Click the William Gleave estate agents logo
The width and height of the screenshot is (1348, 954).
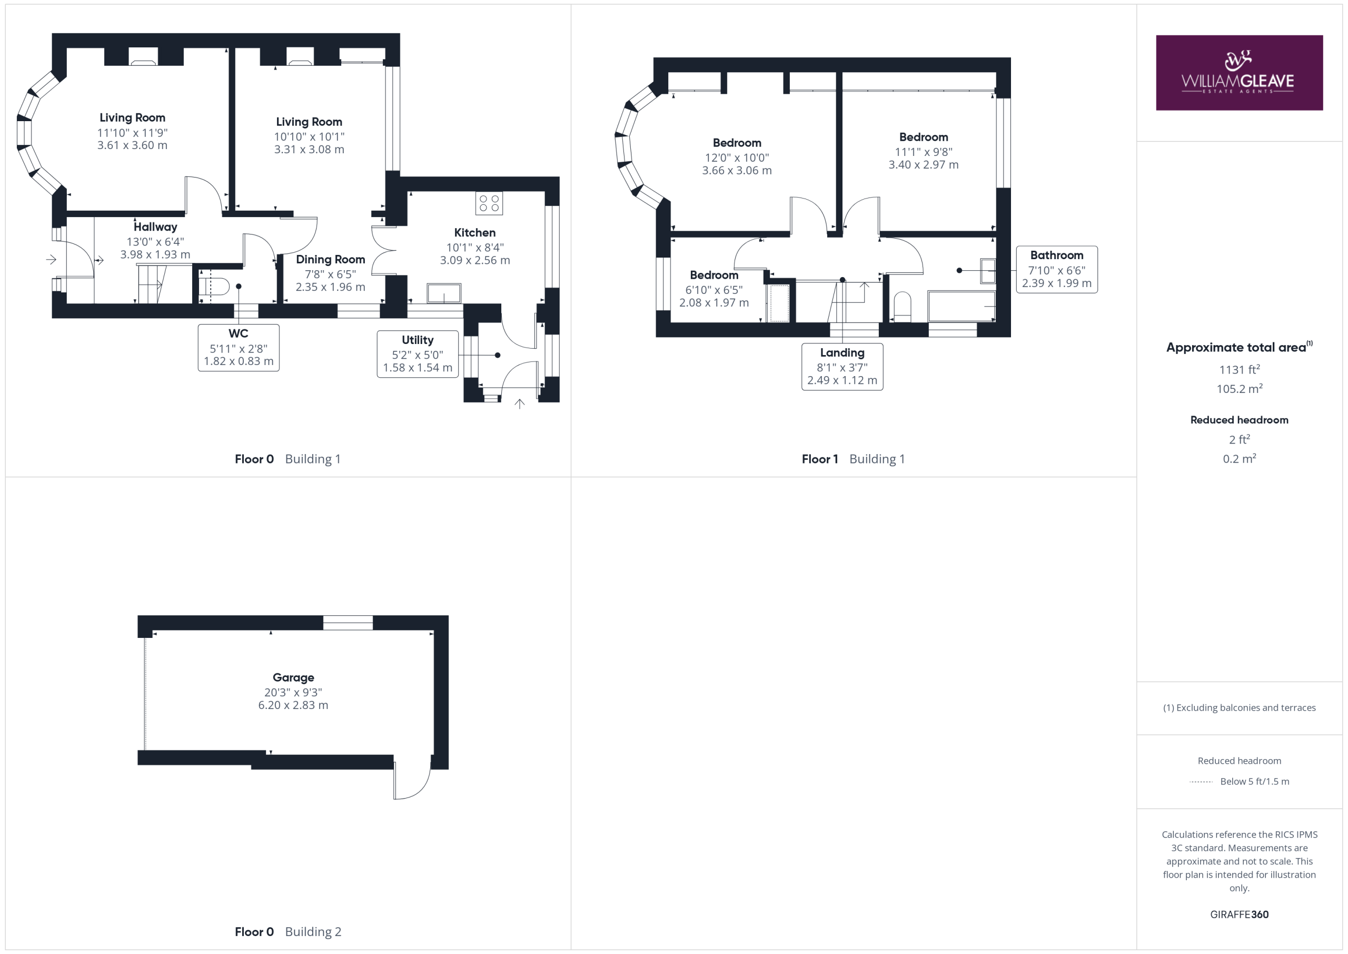(x=1239, y=73)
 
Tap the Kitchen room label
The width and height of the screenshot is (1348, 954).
(x=474, y=233)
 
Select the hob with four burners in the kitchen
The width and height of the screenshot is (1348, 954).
(x=489, y=203)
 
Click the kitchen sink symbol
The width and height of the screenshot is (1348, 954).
(x=444, y=292)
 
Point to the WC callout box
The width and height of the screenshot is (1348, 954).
(x=239, y=348)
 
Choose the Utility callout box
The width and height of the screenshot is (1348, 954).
(x=418, y=354)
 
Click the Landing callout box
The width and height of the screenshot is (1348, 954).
(x=842, y=367)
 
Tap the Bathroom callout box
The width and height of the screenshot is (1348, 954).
(x=1057, y=270)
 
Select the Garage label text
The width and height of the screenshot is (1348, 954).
(x=293, y=677)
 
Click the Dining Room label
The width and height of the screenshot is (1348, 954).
(x=330, y=260)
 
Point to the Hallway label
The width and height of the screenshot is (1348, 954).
(x=155, y=227)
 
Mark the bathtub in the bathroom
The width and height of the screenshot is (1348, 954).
(x=962, y=306)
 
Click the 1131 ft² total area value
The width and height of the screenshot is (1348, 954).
(x=1240, y=369)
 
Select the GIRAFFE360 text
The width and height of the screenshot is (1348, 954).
(x=1240, y=914)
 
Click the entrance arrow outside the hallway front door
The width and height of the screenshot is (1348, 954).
(x=52, y=259)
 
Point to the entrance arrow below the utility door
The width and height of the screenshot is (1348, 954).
(x=520, y=404)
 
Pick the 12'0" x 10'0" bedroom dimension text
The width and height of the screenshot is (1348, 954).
(x=737, y=158)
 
